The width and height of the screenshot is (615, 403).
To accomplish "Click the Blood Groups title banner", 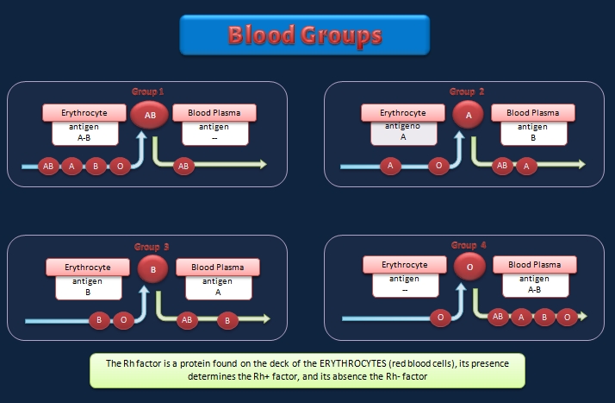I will [304, 36].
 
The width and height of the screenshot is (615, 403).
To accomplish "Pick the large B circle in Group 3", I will [152, 270].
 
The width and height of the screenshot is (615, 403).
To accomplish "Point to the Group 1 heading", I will [147, 91].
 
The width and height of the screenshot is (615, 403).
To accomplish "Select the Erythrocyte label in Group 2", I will [403, 113].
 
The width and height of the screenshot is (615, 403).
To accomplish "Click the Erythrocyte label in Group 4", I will [404, 265].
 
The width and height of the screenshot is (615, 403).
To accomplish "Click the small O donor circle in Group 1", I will [120, 166].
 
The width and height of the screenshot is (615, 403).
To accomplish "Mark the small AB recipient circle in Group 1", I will [182, 166].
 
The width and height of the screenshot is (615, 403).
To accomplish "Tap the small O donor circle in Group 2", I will [438, 166].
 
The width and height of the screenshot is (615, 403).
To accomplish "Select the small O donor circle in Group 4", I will [440, 318].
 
